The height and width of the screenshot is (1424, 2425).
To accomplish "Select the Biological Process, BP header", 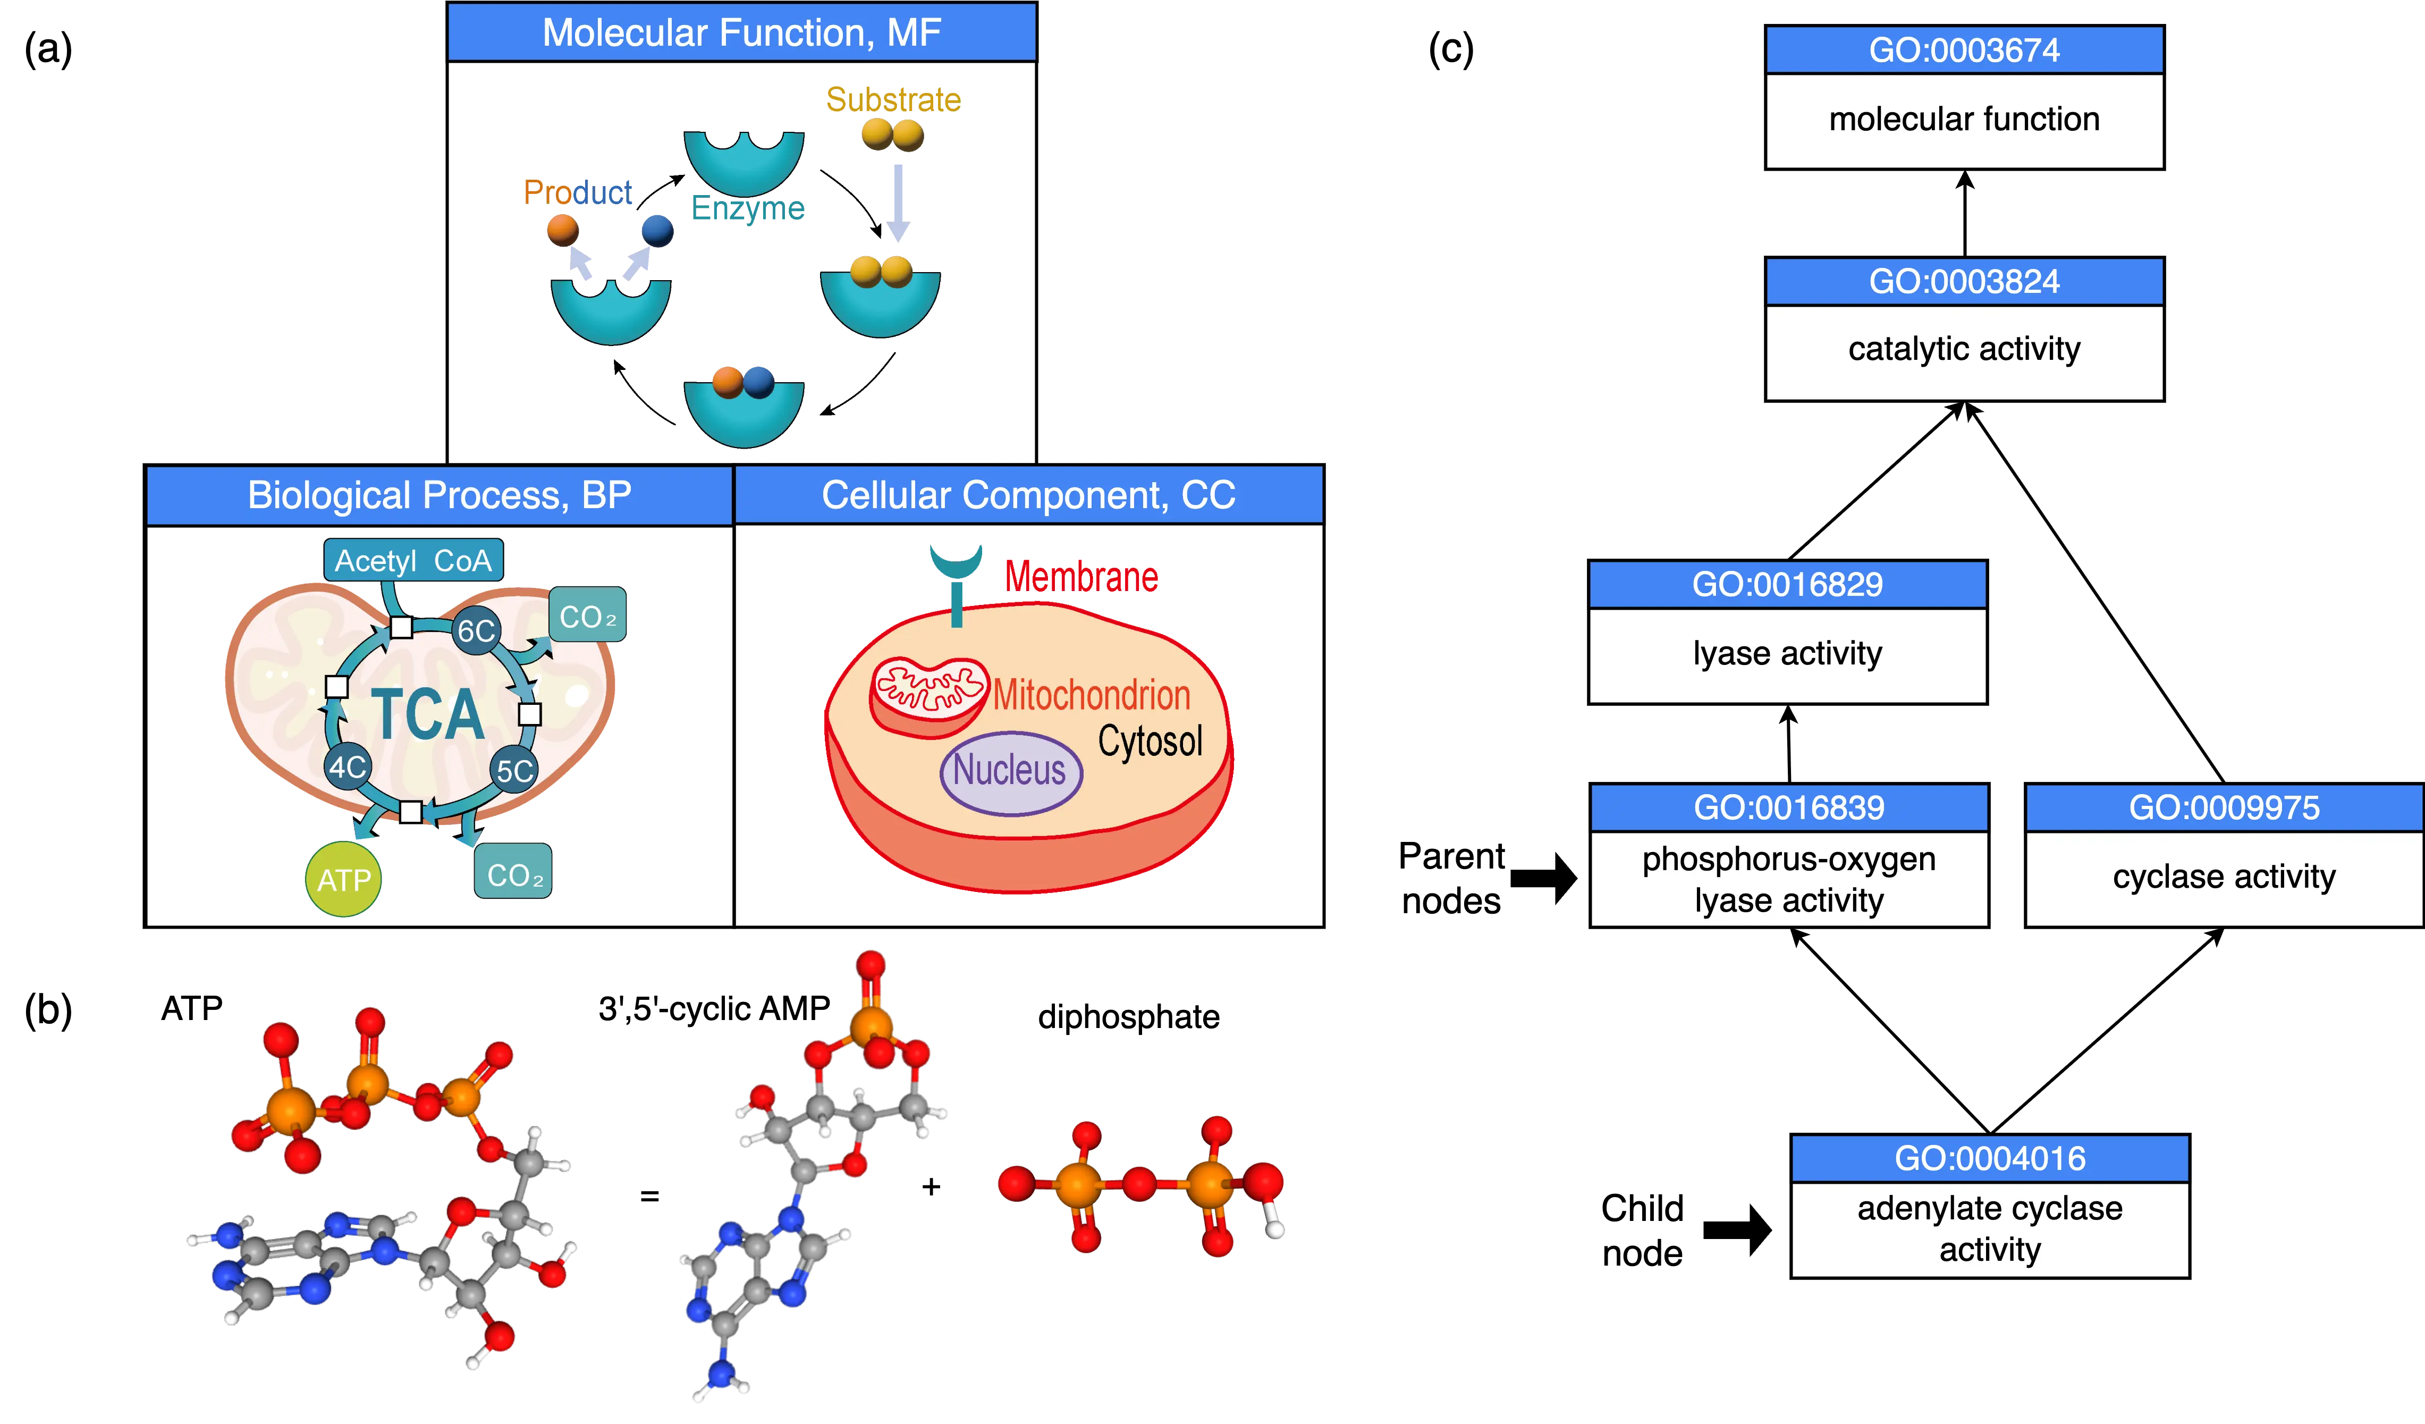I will point(439,495).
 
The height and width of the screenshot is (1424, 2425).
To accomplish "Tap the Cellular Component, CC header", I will point(1028,495).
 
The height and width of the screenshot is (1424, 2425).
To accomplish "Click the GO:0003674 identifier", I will point(1964,50).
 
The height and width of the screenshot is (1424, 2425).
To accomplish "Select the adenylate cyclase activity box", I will point(1989,1229).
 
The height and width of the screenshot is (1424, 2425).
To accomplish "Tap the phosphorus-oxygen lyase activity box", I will point(1789,879).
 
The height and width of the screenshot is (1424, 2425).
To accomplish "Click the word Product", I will point(577,192).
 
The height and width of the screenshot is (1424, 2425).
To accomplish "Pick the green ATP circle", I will point(343,879).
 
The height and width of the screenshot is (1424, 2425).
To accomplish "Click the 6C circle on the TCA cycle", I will point(476,631).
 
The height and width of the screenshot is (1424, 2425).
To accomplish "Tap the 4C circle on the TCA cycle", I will point(348,767).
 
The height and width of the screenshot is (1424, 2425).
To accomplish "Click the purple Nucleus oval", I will point(1010,772).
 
